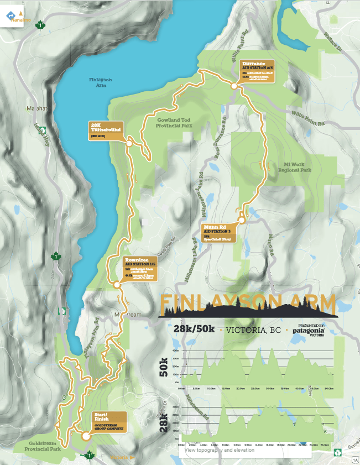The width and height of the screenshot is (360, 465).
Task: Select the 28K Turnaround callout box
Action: (107, 128)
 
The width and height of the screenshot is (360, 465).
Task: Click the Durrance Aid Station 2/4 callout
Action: (257, 72)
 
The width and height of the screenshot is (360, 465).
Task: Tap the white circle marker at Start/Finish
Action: (86, 436)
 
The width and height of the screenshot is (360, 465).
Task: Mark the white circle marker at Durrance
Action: (234, 86)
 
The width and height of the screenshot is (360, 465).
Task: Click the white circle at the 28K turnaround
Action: (129, 143)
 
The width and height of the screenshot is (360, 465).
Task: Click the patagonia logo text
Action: (308, 331)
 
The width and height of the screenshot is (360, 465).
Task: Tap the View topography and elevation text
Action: (220, 450)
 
